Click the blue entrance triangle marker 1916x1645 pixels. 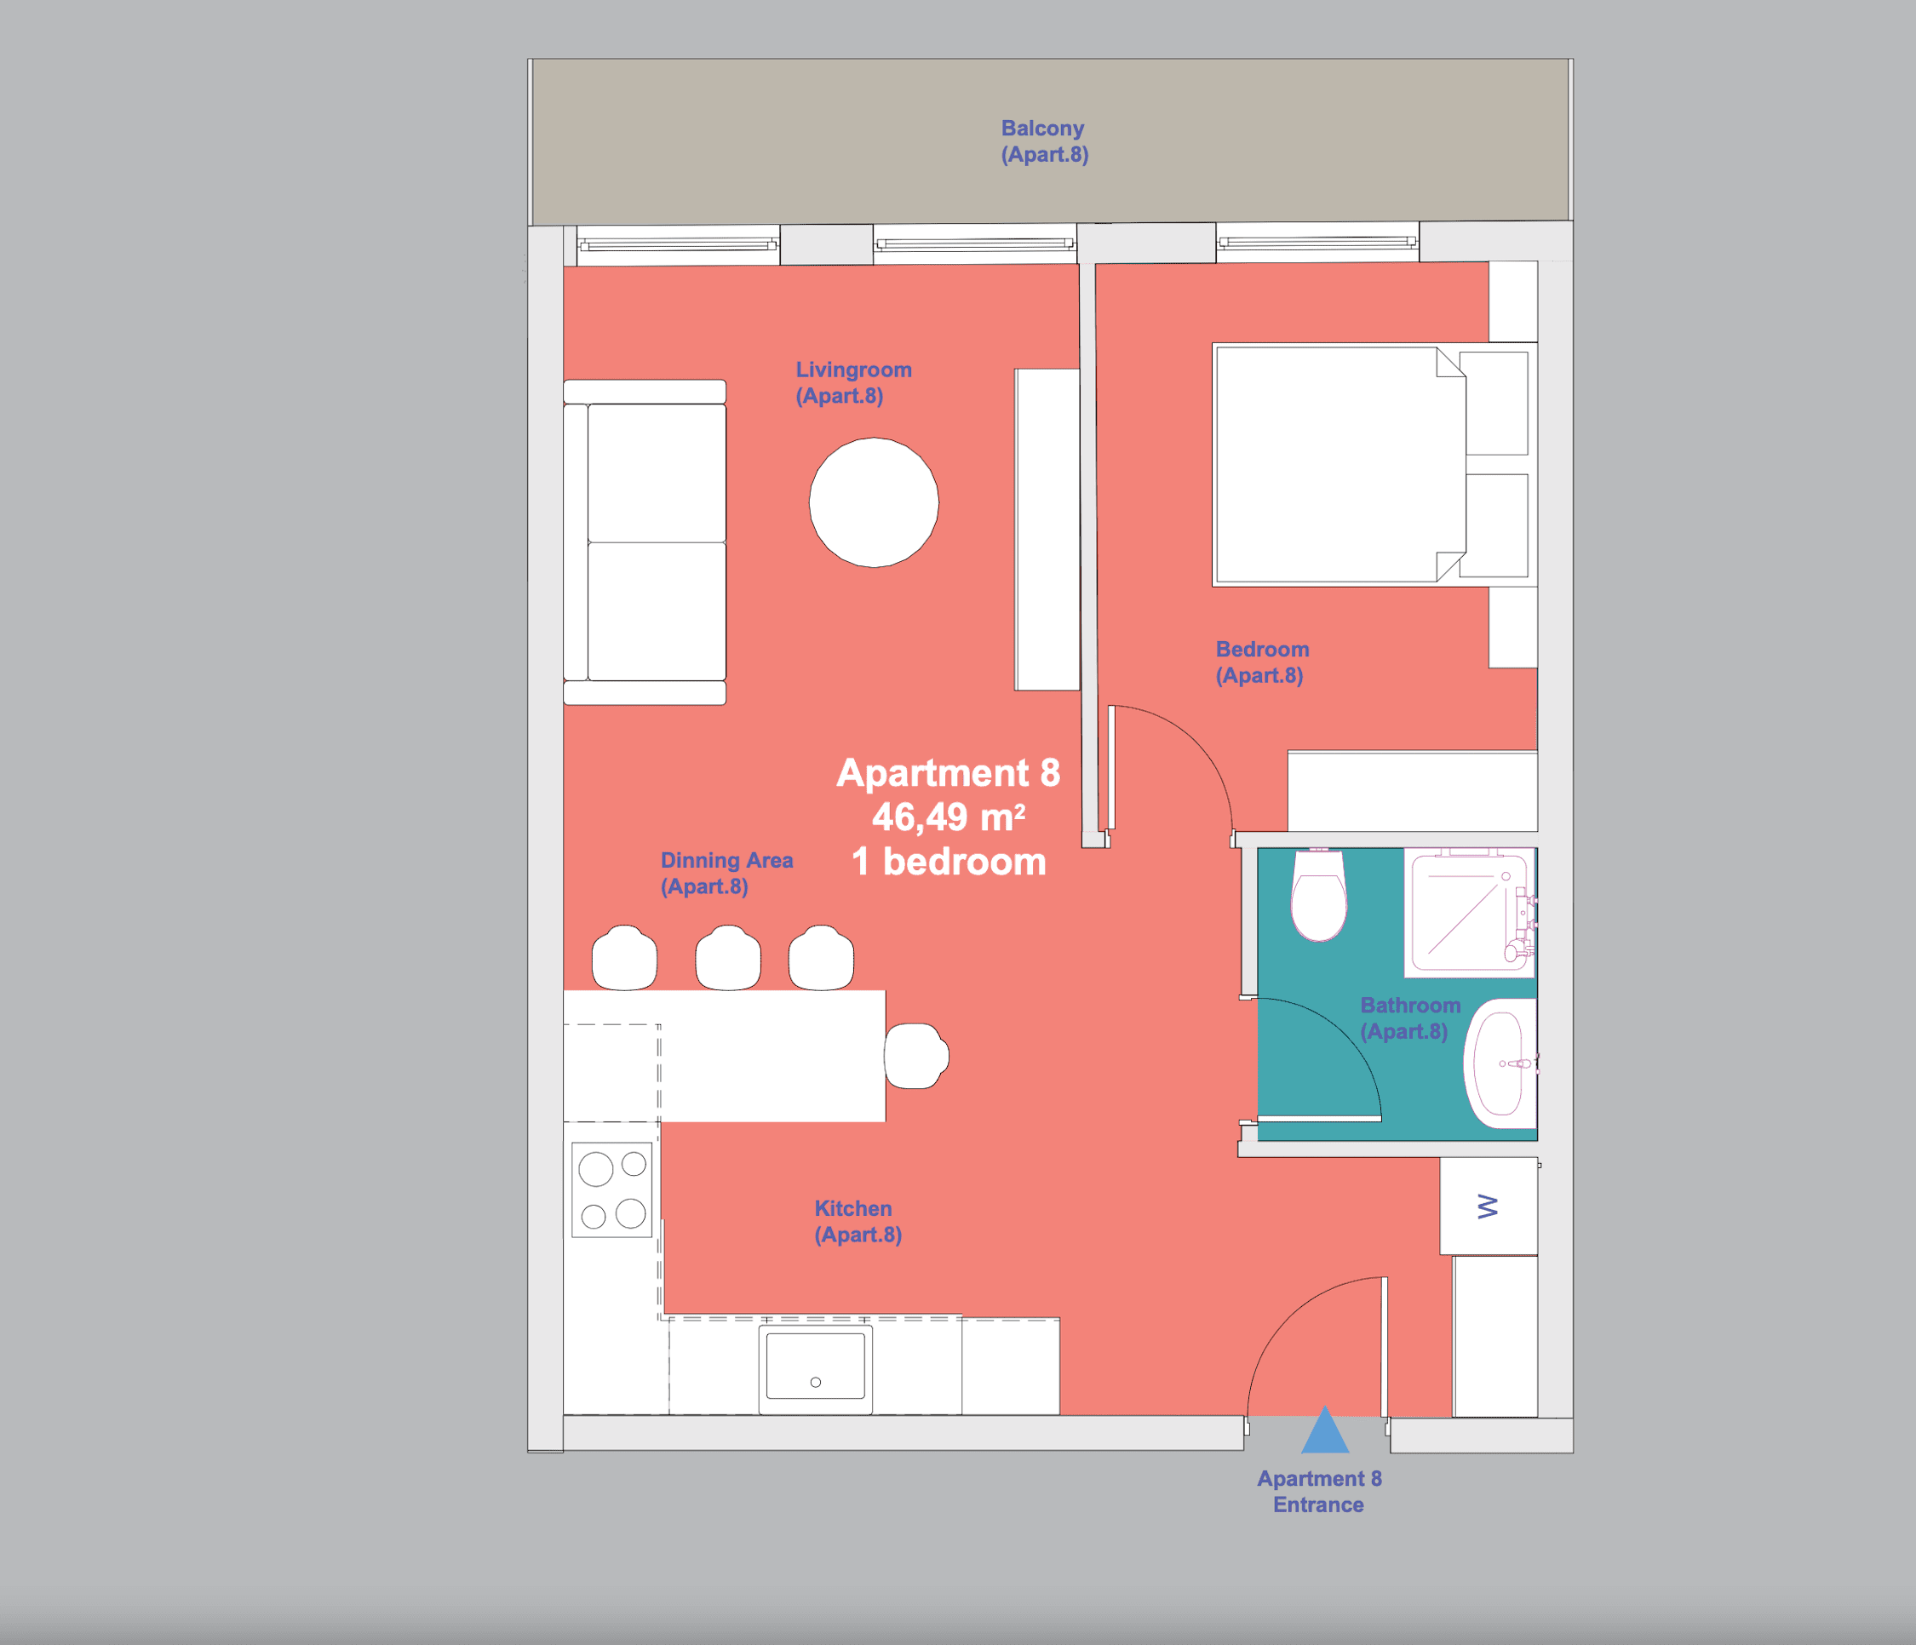pos(1325,1430)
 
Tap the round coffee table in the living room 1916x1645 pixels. pos(874,502)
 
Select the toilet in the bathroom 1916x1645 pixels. pos(1319,895)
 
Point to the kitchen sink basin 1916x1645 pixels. pos(816,1366)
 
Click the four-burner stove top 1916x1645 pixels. pos(612,1190)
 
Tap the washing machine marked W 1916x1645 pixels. pos(1488,1206)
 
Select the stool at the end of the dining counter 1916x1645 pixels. pos(916,1056)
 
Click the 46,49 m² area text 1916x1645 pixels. pos(949,817)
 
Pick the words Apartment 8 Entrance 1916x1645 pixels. pos(1319,1492)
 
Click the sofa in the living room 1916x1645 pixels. pos(645,542)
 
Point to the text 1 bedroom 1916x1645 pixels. pos(949,862)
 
